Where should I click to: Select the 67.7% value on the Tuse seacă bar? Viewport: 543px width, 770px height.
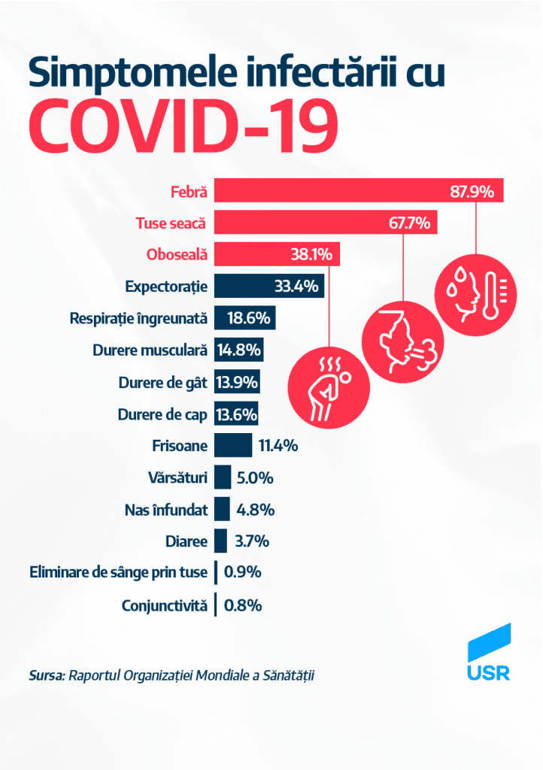408,223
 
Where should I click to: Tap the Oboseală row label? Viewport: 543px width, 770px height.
171,254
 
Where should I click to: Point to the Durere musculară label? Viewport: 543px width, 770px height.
150,350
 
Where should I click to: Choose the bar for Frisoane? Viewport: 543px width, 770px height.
233,445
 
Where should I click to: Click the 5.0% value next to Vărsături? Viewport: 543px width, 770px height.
254,477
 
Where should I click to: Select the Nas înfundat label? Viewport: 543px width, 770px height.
165,509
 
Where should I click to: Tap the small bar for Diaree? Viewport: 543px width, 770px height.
220,541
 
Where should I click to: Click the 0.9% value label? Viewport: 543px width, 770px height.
243,573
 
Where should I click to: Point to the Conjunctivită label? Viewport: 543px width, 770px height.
164,605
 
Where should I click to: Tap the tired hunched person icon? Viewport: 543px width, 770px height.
328,388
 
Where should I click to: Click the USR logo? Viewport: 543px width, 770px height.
488,653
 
